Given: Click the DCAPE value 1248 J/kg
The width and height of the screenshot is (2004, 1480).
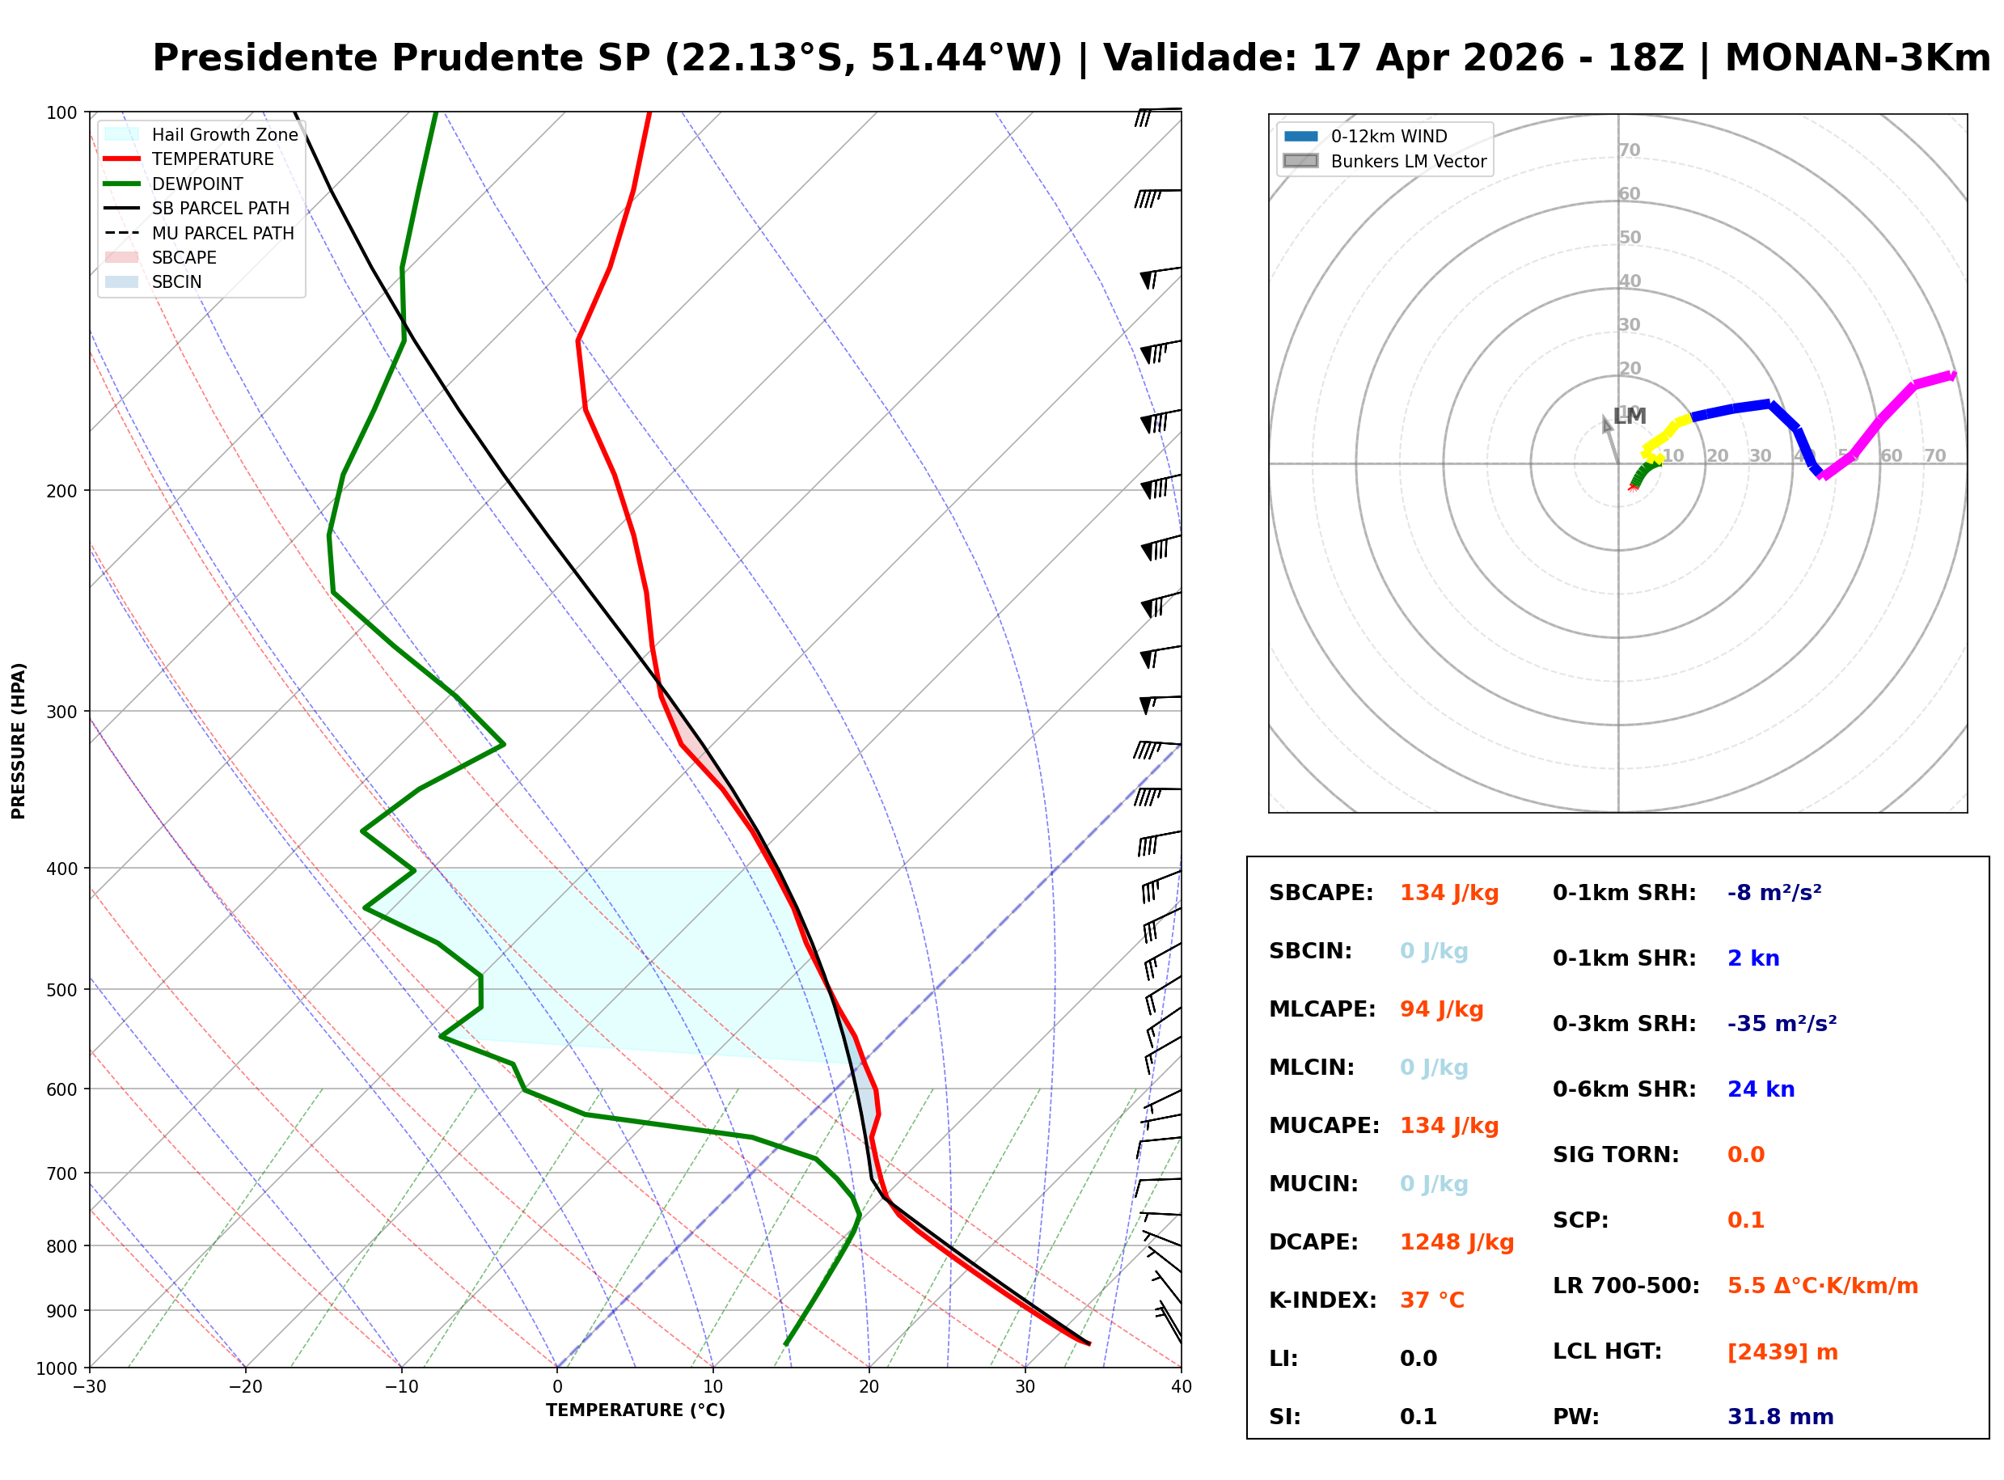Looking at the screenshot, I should [x=1456, y=1242].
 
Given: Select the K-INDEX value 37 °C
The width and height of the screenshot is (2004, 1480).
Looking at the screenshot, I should [x=1431, y=1300].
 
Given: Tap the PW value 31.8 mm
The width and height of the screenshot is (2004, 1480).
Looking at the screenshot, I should [x=1780, y=1417].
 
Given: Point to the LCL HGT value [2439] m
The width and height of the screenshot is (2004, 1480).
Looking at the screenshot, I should [x=1782, y=1352].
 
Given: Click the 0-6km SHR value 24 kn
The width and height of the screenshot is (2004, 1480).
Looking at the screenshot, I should [x=1761, y=1089].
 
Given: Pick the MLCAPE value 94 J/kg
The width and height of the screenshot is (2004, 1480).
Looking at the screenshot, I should [x=1441, y=1009].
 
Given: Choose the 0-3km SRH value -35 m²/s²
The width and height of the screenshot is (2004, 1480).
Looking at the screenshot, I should [x=1782, y=1024].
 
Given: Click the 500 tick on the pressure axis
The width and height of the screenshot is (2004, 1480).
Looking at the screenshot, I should [x=63, y=990].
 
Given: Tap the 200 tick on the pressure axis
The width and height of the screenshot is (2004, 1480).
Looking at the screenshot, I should [x=63, y=491].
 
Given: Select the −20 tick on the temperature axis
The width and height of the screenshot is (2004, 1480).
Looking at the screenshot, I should [x=246, y=1388].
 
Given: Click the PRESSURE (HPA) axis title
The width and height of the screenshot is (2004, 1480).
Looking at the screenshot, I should [x=19, y=741].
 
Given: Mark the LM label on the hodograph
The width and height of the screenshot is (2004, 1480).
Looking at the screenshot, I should [x=1630, y=416].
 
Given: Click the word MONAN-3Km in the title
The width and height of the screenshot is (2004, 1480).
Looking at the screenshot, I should [x=1857, y=58].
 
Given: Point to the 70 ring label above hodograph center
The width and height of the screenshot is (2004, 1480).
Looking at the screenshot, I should [x=1630, y=150].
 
